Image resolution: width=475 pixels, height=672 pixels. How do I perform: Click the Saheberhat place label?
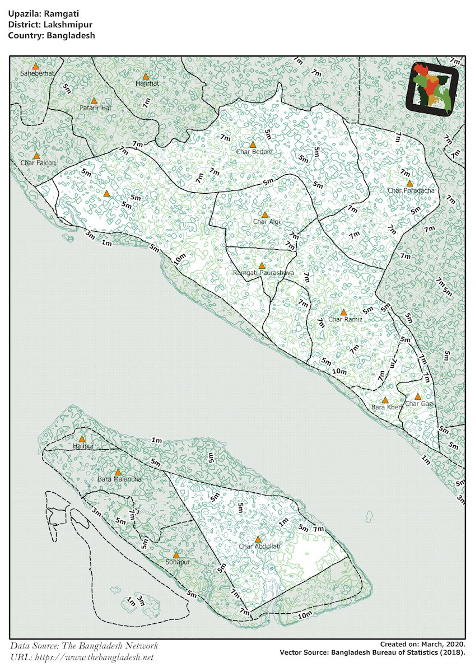(35, 73)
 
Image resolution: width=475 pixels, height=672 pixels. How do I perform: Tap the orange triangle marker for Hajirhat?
(146, 76)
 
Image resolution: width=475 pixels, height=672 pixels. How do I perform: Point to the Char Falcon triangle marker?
(36, 156)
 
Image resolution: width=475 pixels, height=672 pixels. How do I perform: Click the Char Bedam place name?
(254, 152)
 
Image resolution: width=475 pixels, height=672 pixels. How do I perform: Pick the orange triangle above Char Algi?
(265, 214)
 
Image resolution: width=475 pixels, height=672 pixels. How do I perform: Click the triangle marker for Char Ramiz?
(343, 312)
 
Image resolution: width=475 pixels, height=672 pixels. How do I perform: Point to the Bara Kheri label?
(386, 407)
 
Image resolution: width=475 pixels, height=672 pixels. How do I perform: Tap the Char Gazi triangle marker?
(417, 396)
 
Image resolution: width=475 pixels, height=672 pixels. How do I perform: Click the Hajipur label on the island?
(83, 446)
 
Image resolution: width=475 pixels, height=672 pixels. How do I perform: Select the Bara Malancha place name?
(120, 479)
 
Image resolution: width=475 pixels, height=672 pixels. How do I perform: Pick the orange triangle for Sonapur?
(176, 554)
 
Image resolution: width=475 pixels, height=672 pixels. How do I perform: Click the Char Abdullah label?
(259, 547)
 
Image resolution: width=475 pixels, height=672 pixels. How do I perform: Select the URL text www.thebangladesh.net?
(93, 657)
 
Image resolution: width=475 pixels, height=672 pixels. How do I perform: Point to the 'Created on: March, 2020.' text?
(422, 645)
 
